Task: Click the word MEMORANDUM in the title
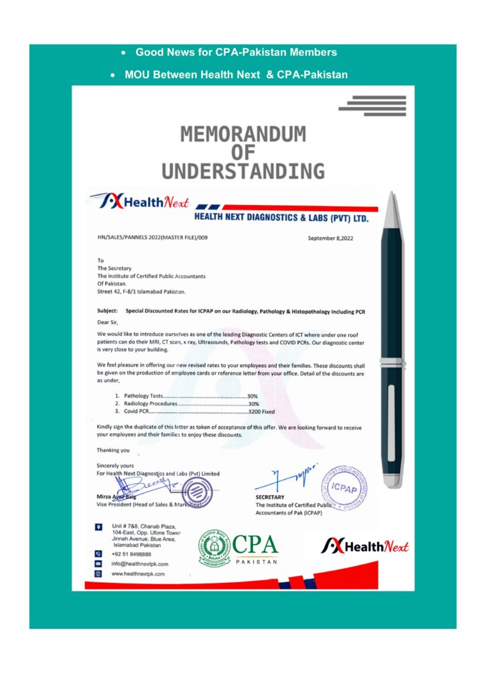coord(242,135)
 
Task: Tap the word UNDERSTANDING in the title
coord(242,171)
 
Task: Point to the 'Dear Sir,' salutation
coord(109,322)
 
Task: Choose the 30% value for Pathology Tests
coord(253,396)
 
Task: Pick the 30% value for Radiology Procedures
coord(253,404)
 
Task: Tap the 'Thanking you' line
coord(113,450)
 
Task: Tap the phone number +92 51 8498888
coord(131,554)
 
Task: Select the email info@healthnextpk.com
coord(139,564)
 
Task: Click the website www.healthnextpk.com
coord(138,574)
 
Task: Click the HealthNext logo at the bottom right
coord(365,546)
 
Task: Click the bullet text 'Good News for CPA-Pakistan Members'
coord(236,52)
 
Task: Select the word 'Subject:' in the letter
coord(107,311)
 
